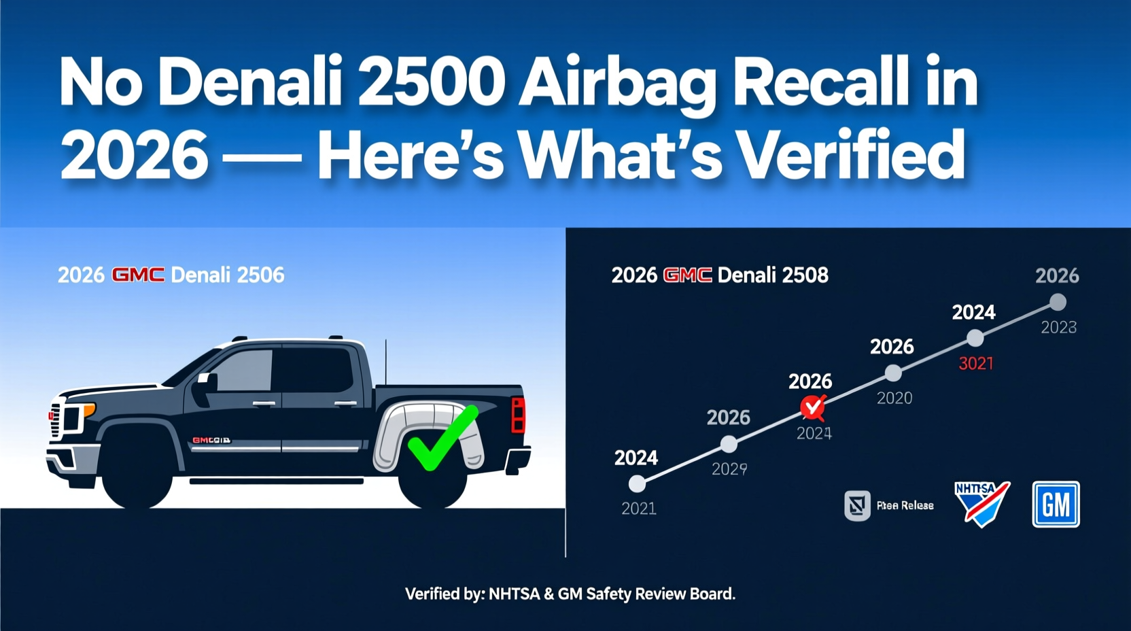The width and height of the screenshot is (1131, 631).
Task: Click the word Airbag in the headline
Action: click(x=617, y=84)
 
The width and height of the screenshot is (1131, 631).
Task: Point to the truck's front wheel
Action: click(x=136, y=473)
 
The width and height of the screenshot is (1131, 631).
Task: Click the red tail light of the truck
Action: click(x=518, y=415)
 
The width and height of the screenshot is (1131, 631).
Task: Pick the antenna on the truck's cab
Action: click(x=385, y=360)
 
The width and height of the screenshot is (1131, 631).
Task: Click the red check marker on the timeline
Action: click(x=812, y=407)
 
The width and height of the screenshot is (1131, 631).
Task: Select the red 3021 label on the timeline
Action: click(x=975, y=364)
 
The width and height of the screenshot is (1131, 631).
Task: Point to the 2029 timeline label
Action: click(x=729, y=468)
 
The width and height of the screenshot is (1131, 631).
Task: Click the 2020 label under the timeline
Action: click(x=894, y=398)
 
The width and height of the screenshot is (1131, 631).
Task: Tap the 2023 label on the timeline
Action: click(x=1058, y=328)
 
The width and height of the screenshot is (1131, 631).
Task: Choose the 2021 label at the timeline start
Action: click(x=639, y=508)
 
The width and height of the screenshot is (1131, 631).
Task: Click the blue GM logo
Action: click(x=1056, y=505)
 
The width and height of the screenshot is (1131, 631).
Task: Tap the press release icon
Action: click(x=857, y=505)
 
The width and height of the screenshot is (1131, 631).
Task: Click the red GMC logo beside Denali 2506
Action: click(x=137, y=275)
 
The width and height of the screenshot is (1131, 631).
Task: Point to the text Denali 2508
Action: click(x=773, y=275)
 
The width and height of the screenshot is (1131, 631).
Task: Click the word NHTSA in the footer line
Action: click(x=514, y=594)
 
